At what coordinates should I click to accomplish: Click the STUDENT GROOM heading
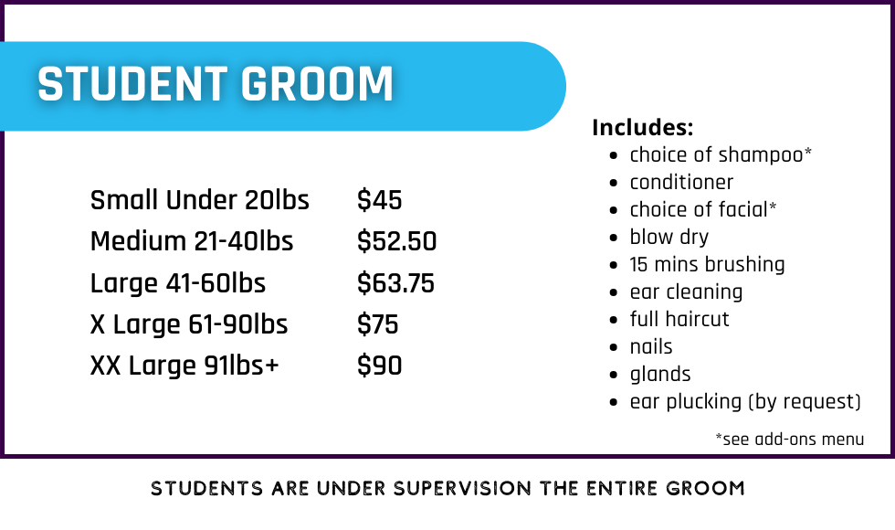coord(216,84)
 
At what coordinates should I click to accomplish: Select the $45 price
coord(380,200)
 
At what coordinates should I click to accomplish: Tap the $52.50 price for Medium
coord(396,241)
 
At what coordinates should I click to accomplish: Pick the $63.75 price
coord(395,283)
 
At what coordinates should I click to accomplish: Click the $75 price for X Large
coord(378,324)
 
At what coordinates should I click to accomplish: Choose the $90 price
coord(380,366)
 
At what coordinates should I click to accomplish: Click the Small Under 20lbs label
coord(200,200)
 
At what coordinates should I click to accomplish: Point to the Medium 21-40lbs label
coord(192,241)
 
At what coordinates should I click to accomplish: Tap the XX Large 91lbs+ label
coord(184,366)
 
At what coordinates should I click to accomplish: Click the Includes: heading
coord(643,127)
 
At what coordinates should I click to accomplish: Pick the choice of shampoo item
coord(721,154)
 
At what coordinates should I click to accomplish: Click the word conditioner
coord(681,182)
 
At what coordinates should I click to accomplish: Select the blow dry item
coord(669,237)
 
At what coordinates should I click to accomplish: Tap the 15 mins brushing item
coord(707,264)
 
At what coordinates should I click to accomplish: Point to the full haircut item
coord(679,319)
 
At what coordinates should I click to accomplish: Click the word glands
coord(660,374)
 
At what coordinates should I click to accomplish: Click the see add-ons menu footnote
coord(790,440)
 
